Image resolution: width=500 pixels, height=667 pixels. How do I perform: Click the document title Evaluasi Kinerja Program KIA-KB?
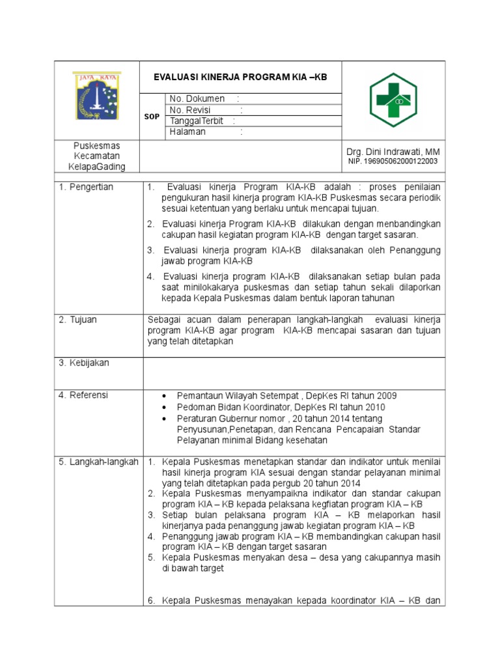(240, 77)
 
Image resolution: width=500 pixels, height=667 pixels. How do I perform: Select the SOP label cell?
(151, 117)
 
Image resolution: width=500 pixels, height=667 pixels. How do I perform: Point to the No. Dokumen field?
(197, 98)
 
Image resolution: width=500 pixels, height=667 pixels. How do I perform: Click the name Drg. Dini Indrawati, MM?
(394, 151)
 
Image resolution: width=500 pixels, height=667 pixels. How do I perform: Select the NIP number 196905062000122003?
(393, 161)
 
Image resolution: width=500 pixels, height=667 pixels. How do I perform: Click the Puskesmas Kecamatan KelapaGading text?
(97, 156)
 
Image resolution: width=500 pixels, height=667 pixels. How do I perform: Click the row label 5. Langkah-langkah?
(98, 462)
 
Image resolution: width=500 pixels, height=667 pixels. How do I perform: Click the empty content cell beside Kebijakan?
(294, 373)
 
